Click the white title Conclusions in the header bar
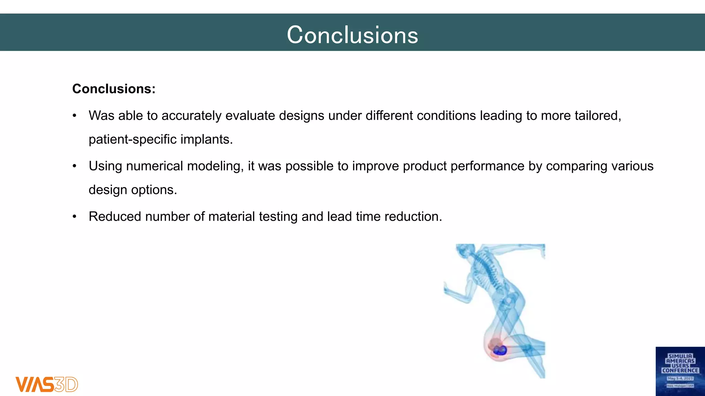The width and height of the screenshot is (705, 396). [x=352, y=35]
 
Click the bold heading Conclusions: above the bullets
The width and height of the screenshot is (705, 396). [x=114, y=89]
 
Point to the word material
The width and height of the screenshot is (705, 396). [x=232, y=217]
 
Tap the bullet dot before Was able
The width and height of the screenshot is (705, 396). [x=74, y=116]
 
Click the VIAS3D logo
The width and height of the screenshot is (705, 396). [x=47, y=384]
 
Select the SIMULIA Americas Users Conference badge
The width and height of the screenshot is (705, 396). [x=680, y=371]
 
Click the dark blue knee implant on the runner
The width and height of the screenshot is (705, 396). [x=500, y=350]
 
